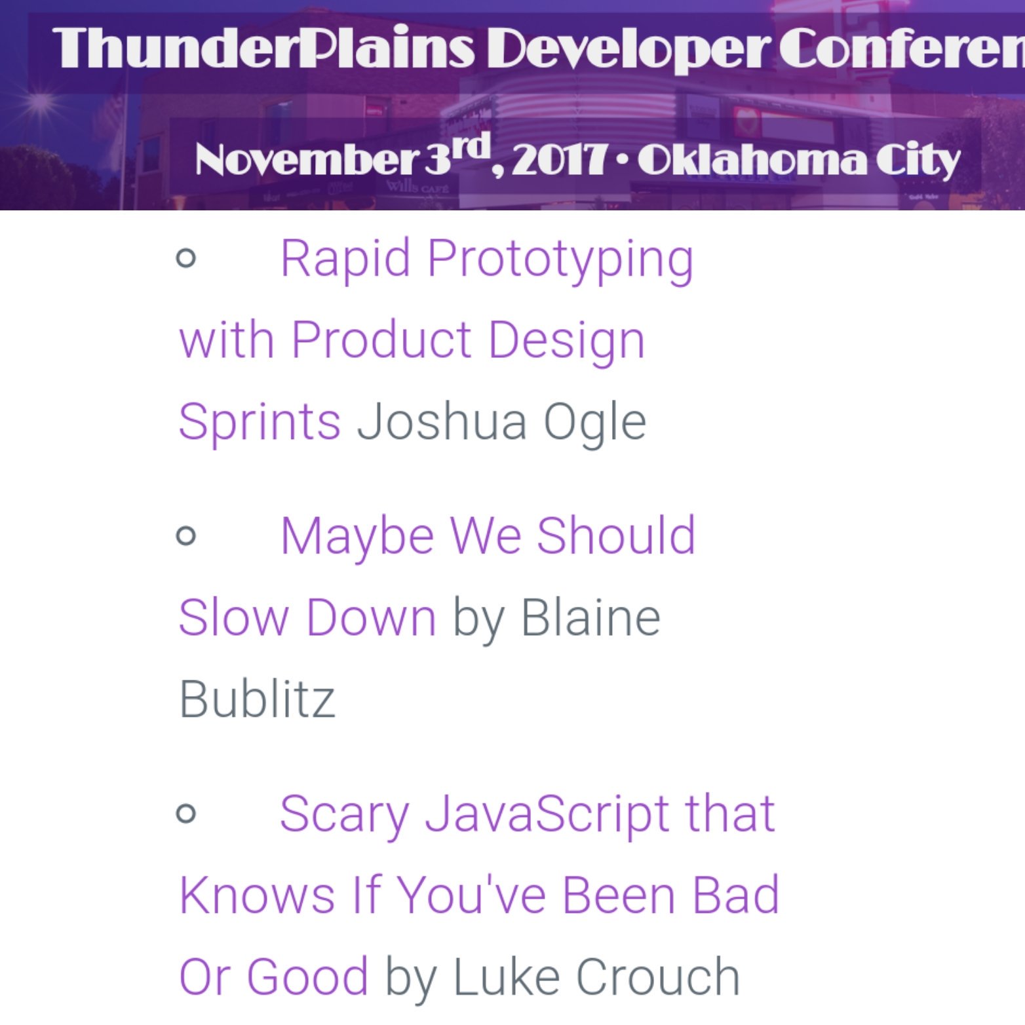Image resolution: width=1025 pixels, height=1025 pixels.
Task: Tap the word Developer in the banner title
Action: (628, 51)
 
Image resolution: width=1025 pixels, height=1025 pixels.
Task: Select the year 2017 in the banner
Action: (558, 160)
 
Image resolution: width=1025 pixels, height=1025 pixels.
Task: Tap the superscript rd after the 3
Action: (473, 146)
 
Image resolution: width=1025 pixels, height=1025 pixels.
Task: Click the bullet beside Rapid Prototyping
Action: (186, 258)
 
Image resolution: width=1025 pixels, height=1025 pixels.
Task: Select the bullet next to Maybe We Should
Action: (186, 535)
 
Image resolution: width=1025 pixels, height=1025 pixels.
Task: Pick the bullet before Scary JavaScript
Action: (186, 813)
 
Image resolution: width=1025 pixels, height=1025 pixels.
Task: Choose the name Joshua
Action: (442, 421)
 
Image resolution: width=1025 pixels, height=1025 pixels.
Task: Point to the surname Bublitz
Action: (257, 699)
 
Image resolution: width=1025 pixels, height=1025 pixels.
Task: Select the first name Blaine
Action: (590, 617)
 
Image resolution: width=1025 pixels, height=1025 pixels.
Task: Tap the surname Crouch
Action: (658, 977)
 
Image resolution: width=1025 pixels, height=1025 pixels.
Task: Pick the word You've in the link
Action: (472, 895)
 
